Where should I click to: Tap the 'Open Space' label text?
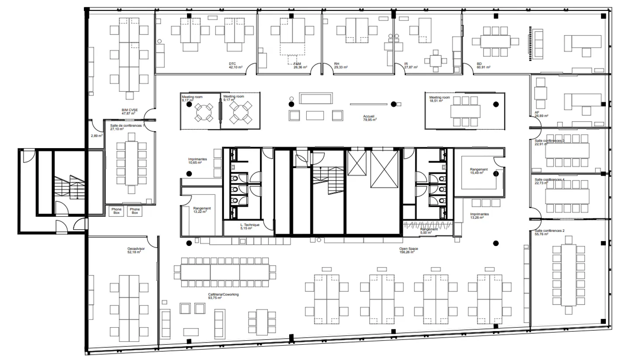click(408, 249)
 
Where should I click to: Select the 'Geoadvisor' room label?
click(136, 248)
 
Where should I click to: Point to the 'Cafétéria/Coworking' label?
click(223, 294)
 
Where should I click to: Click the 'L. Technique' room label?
click(250, 225)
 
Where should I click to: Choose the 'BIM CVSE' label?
click(130, 110)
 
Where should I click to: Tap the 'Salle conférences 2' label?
click(550, 230)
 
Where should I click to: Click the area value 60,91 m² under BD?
click(484, 68)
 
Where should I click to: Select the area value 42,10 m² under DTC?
click(235, 68)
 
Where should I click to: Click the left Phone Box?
click(116, 211)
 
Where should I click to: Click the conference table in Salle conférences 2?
click(568, 274)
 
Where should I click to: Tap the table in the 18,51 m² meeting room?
click(466, 111)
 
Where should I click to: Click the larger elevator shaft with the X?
click(384, 169)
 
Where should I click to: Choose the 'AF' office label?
click(537, 112)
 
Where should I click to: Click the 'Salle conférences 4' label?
click(550, 180)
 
